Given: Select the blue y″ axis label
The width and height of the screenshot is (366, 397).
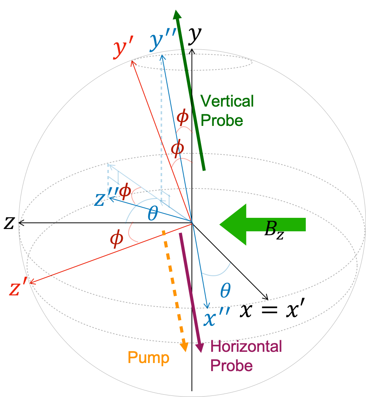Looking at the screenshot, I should pos(163,42).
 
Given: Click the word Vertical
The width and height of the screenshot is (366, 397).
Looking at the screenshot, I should pos(227,101).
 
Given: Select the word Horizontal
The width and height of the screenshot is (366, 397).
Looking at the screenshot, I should pos(246,346).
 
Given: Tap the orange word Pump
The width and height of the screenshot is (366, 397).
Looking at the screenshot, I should pos(148,358).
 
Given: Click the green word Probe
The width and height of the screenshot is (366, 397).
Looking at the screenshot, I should pos(222,120).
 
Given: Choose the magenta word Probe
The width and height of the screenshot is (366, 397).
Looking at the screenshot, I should pos(232,365).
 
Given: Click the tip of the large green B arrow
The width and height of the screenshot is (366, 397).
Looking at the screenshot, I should pos(221,224).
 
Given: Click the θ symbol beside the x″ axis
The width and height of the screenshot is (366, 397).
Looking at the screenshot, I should pos(225,290).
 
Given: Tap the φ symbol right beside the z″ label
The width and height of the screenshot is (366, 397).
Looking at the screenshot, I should pos(124,192).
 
